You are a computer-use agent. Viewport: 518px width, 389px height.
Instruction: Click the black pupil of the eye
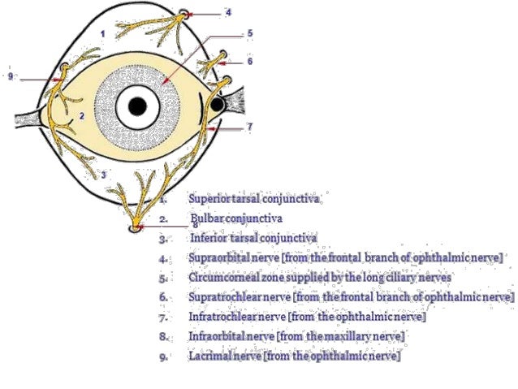click(x=137, y=106)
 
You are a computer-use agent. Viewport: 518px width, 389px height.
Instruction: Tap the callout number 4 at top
click(x=228, y=13)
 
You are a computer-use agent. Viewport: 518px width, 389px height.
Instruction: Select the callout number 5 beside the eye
click(x=250, y=34)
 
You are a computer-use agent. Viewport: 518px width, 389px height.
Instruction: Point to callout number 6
click(x=250, y=61)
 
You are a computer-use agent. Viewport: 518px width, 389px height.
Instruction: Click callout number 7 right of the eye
click(x=249, y=127)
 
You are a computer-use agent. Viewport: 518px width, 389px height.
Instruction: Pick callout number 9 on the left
click(x=10, y=76)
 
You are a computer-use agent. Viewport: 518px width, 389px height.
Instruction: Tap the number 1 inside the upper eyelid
click(x=102, y=33)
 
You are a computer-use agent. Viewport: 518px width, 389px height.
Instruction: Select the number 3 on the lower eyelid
click(x=103, y=174)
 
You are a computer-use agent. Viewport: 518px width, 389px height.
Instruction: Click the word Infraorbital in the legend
click(x=215, y=336)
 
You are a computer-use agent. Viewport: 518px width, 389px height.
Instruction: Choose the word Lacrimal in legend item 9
click(x=207, y=356)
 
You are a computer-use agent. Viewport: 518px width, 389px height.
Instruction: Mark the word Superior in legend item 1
click(x=209, y=199)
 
